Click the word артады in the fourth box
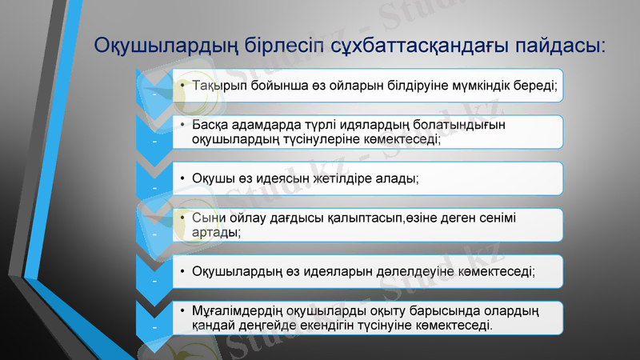coord(214,231)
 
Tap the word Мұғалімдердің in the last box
coord(235,311)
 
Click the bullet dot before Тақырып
coord(182,86)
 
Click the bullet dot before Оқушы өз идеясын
coord(182,178)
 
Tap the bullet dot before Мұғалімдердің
coord(182,311)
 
